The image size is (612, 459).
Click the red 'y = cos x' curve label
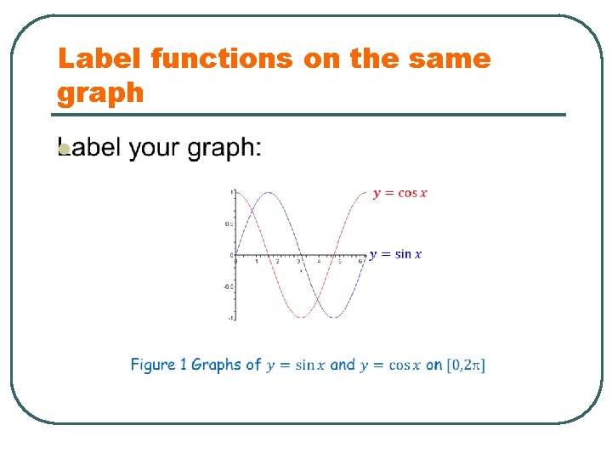pyautogui.click(x=399, y=193)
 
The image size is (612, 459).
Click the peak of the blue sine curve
pyautogui.click(x=269, y=192)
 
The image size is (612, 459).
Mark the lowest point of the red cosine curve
pyautogui.click(x=302, y=317)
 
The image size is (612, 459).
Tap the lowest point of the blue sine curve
pyautogui.click(x=334, y=317)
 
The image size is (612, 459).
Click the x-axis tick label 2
pyautogui.click(x=277, y=261)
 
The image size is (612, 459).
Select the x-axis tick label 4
pyautogui.click(x=320, y=261)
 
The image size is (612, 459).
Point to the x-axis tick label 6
pyautogui.click(x=361, y=261)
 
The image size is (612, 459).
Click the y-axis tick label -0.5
pyautogui.click(x=229, y=286)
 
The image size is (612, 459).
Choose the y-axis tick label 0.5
pyautogui.click(x=229, y=224)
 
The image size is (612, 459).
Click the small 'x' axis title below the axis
pyautogui.click(x=299, y=269)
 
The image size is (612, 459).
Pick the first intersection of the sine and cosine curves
pyautogui.click(x=252, y=210)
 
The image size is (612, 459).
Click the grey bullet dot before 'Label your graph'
pyautogui.click(x=63, y=150)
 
